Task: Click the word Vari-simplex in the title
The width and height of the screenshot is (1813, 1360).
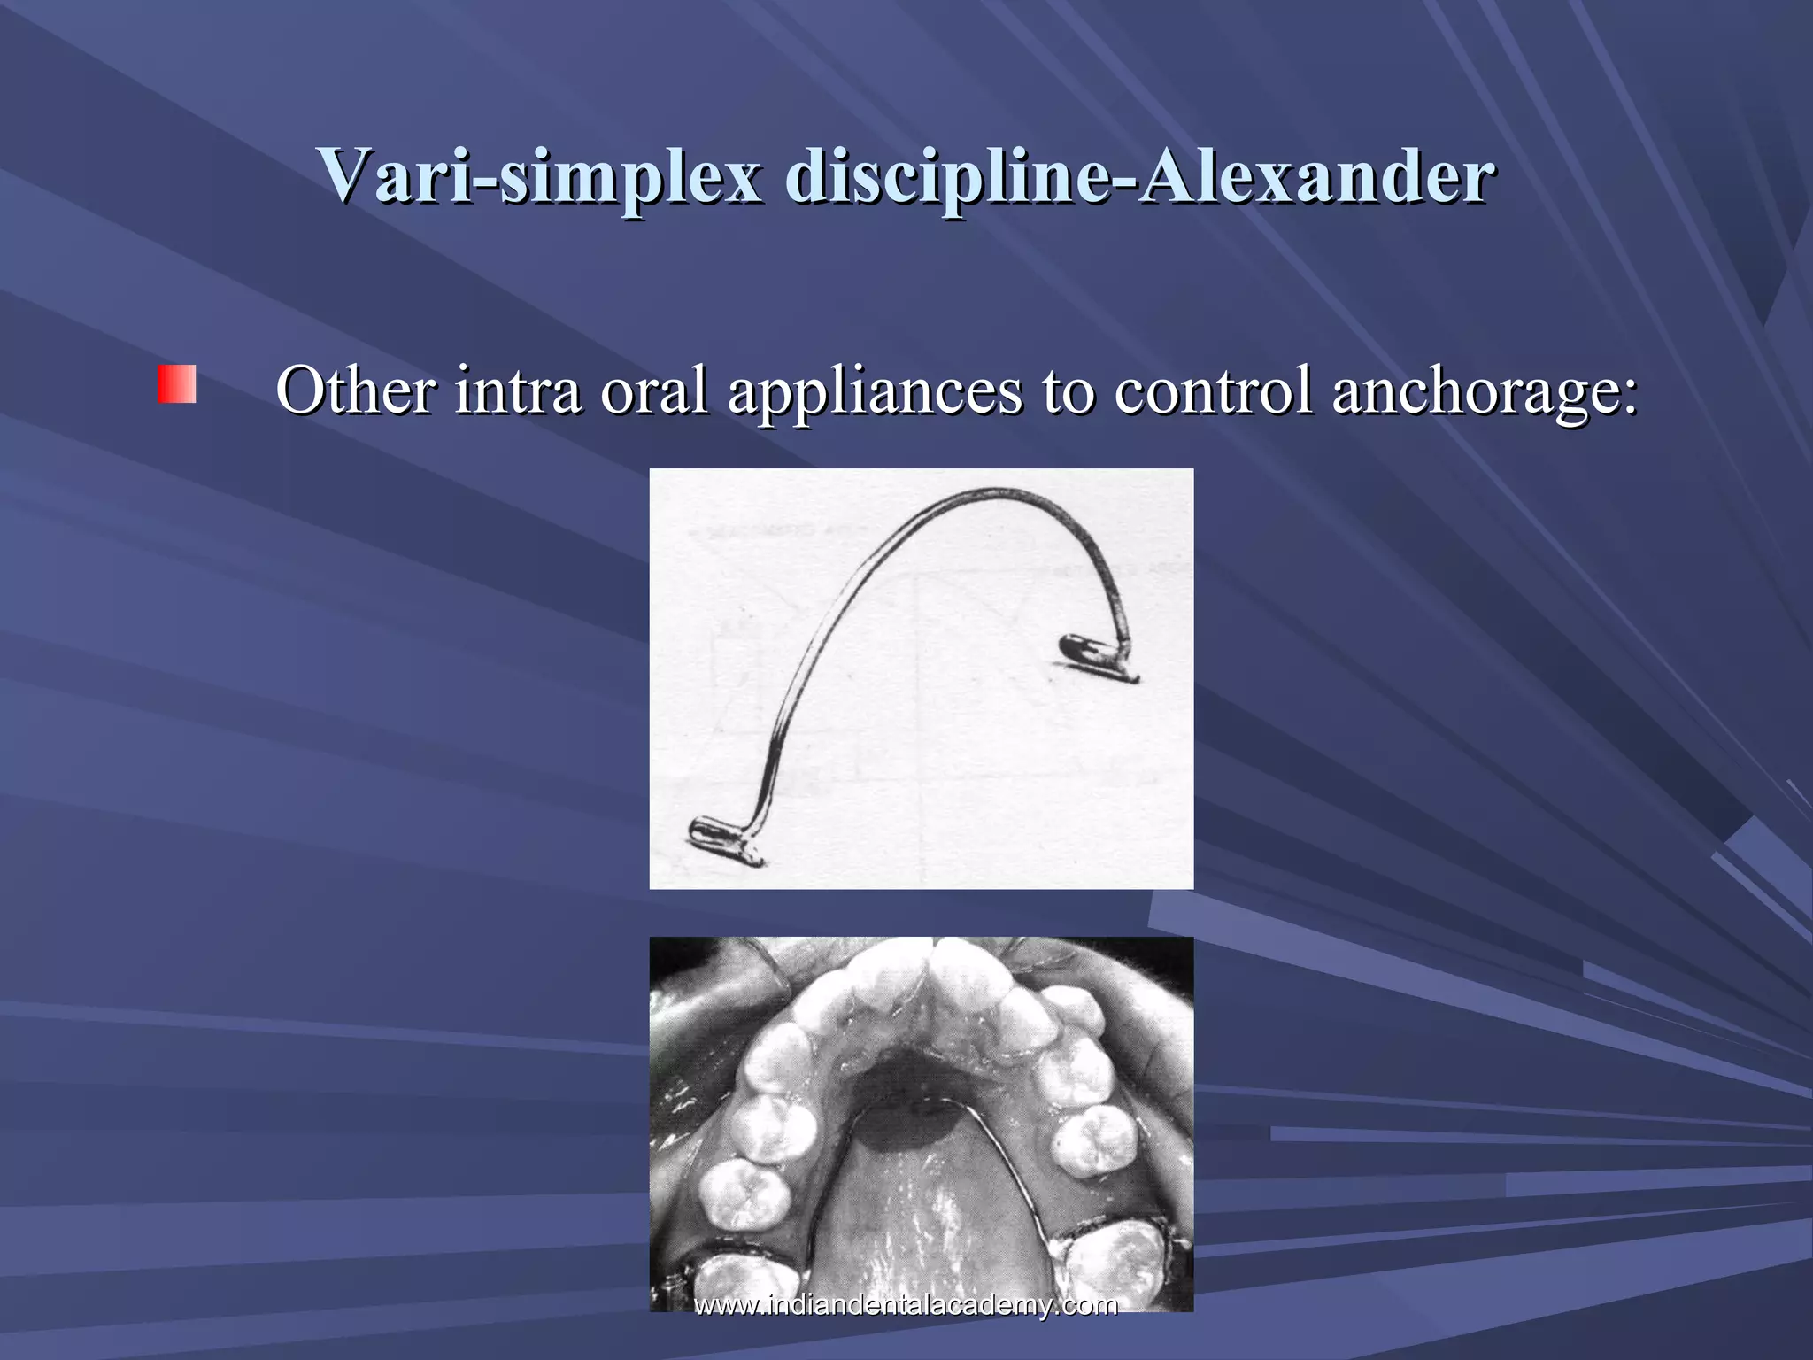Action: coord(540,175)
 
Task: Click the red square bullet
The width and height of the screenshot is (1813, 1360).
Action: coord(177,384)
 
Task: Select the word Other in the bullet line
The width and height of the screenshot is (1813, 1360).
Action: coord(355,390)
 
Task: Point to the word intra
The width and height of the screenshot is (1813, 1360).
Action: coord(518,390)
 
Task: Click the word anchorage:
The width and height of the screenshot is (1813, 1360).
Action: coord(1485,390)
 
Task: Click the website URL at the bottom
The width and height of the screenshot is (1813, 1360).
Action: coord(906,1304)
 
